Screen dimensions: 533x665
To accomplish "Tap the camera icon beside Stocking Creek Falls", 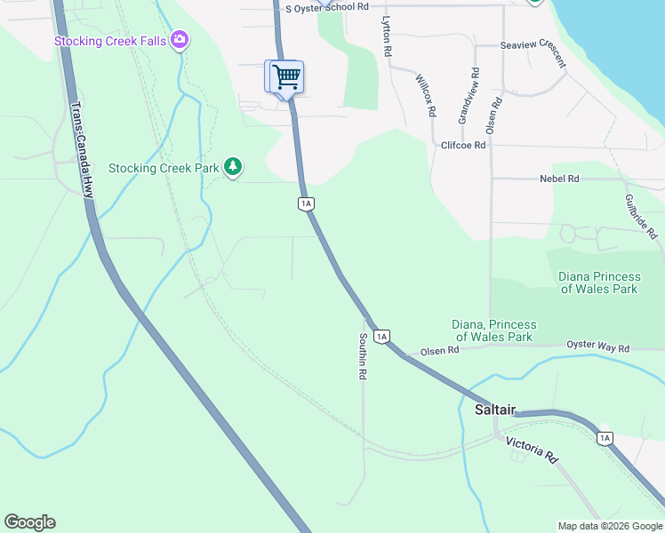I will tap(180, 39).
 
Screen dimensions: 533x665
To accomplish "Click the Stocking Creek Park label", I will tap(164, 168).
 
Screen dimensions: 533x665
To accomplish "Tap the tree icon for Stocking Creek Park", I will tap(233, 166).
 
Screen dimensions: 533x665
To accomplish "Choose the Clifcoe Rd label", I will tap(463, 145).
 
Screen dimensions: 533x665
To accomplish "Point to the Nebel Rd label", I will tap(559, 179).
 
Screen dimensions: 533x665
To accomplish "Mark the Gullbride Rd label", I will tap(641, 216).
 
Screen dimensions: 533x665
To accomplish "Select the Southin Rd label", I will tap(363, 357).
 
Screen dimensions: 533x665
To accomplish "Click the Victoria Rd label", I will tap(532, 449).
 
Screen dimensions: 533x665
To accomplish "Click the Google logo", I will tap(29, 522).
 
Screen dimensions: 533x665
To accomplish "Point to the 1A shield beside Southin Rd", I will tap(382, 336).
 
